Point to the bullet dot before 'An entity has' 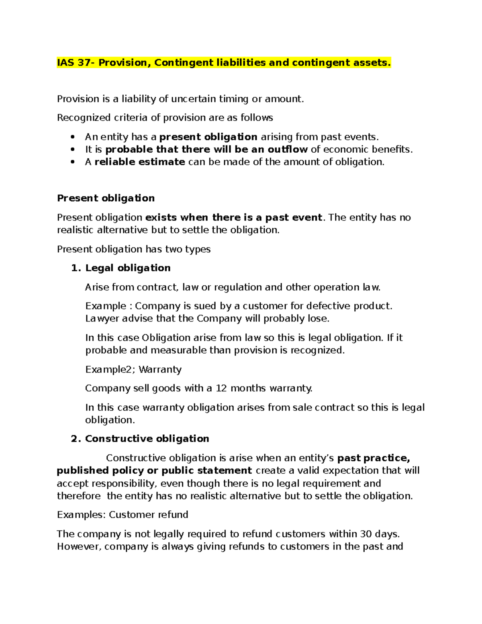pyautogui.click(x=73, y=137)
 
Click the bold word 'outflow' pyautogui.click(x=288, y=149)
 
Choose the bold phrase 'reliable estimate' pyautogui.click(x=140, y=162)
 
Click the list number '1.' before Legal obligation pyautogui.click(x=76, y=268)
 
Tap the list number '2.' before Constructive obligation pyautogui.click(x=76, y=439)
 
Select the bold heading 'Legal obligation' pyautogui.click(x=128, y=268)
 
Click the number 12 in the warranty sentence pyautogui.click(x=221, y=389)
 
